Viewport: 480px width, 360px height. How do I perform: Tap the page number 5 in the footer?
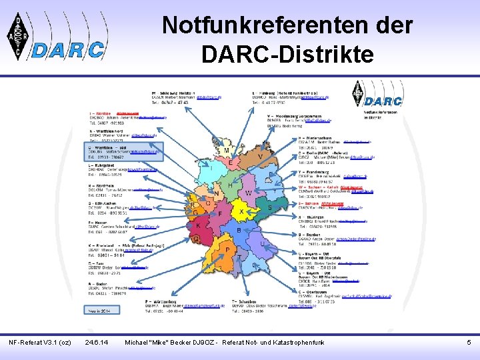click(x=469, y=343)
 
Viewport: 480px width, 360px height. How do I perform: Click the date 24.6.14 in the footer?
click(x=97, y=343)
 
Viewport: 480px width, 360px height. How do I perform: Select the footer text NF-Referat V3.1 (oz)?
click(x=39, y=343)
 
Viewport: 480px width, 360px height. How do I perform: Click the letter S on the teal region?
click(x=269, y=207)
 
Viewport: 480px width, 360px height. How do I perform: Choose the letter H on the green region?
click(x=229, y=185)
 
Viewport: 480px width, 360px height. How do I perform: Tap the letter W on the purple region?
click(x=248, y=193)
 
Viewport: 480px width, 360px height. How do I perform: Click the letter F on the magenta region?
click(x=220, y=213)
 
